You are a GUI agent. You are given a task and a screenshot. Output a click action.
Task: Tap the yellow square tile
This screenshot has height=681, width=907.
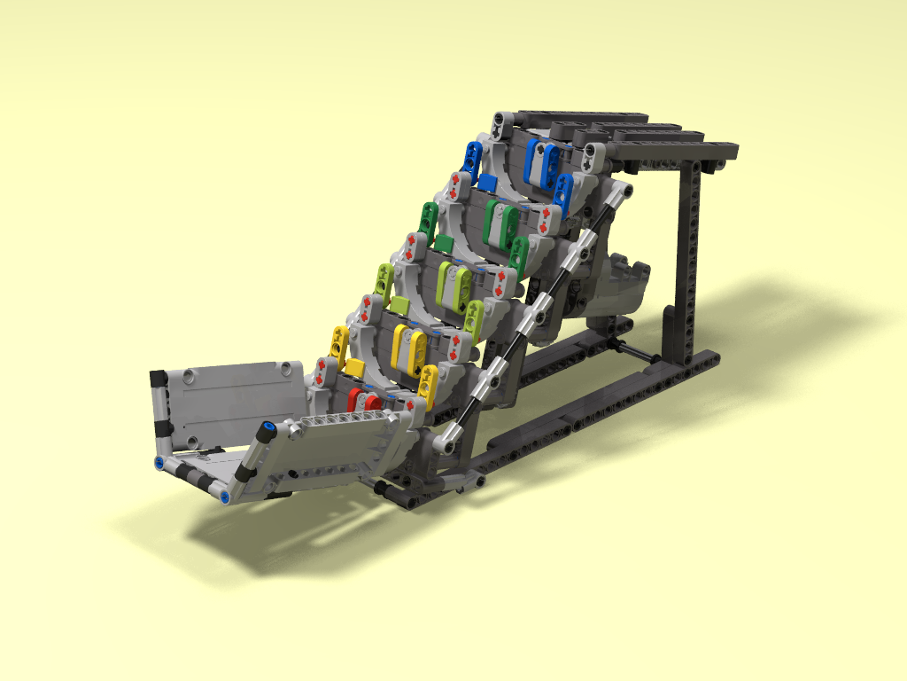pyautogui.click(x=354, y=367)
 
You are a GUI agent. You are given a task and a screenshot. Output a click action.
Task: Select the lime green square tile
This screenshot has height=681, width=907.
pyautogui.click(x=399, y=306)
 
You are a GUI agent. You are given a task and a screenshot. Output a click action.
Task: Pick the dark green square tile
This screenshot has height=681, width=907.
pyautogui.click(x=444, y=243)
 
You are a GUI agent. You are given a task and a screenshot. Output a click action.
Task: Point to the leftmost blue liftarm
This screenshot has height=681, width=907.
pyautogui.click(x=471, y=158)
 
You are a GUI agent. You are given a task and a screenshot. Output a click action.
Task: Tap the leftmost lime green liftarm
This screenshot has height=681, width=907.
pyautogui.click(x=384, y=279)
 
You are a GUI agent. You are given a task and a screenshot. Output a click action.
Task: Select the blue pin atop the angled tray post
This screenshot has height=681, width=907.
pyautogui.click(x=264, y=428)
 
